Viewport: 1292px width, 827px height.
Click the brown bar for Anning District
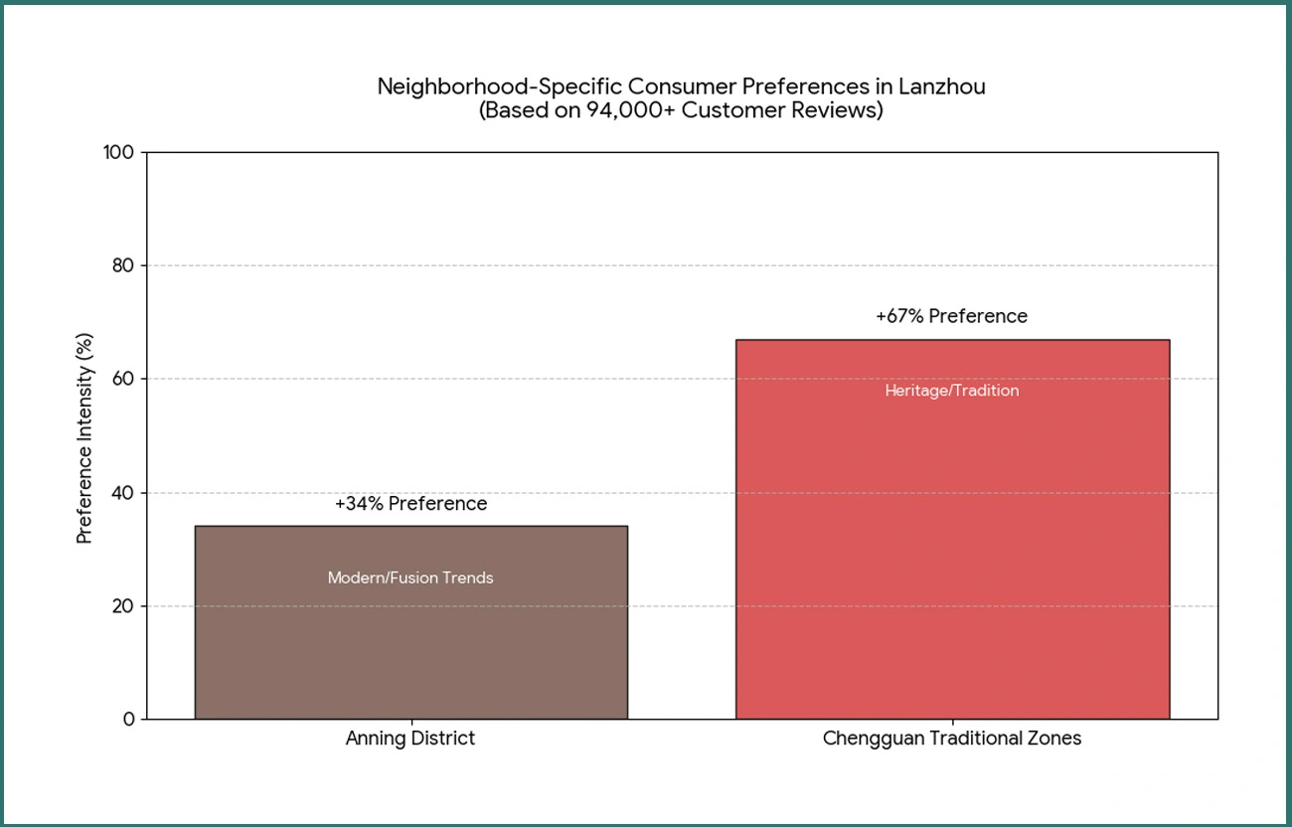410,646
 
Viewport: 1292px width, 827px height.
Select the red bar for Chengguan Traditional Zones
952,557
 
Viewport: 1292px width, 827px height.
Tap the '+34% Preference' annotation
410,504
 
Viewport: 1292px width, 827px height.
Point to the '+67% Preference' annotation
951,316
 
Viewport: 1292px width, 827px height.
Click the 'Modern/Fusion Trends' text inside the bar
410,578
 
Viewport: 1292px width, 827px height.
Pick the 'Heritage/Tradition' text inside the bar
951,391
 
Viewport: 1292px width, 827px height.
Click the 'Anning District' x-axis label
410,739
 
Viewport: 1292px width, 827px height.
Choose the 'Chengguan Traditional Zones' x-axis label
951,739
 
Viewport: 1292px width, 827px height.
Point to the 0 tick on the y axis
128,719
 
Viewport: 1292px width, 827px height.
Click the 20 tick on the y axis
123,606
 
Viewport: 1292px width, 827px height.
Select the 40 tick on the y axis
123,493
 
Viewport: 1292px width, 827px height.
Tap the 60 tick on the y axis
123,379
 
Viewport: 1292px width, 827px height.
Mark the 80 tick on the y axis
123,265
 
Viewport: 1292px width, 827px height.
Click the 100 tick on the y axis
119,152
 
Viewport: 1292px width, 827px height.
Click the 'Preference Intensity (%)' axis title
84,438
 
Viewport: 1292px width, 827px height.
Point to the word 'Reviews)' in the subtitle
844,110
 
